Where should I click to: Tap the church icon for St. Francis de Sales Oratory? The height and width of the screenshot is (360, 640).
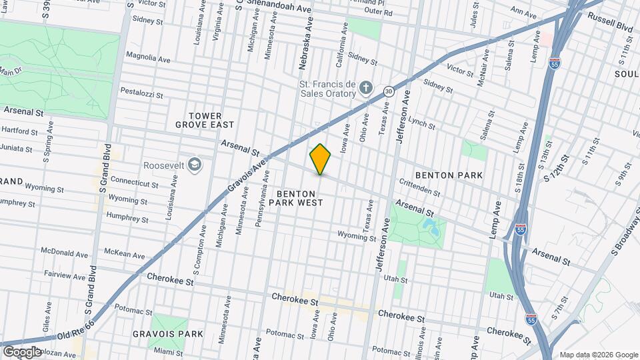pyautogui.click(x=365, y=88)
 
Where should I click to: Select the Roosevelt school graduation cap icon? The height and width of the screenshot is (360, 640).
pyautogui.click(x=195, y=165)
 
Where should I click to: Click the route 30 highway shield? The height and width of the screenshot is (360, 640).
pyautogui.click(x=388, y=91)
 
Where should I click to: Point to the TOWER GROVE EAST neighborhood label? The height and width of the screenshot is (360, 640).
pyautogui.click(x=205, y=120)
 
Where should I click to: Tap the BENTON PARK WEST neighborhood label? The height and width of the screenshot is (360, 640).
pyautogui.click(x=299, y=197)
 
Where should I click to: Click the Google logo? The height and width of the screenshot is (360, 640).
pyautogui.click(x=21, y=351)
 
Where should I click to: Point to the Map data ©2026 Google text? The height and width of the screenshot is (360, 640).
pyautogui.click(x=597, y=355)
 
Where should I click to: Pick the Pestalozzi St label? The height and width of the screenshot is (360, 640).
pyautogui.click(x=141, y=93)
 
